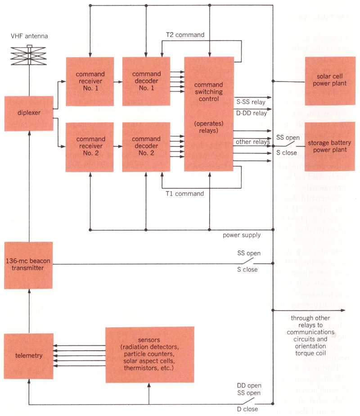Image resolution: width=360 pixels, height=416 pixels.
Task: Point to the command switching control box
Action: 209,114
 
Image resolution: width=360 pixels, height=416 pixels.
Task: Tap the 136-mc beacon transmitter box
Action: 28,265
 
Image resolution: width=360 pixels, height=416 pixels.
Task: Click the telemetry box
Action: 28,356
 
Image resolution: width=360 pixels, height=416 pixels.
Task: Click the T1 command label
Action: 184,194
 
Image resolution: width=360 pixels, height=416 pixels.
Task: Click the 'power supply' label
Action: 242,235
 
